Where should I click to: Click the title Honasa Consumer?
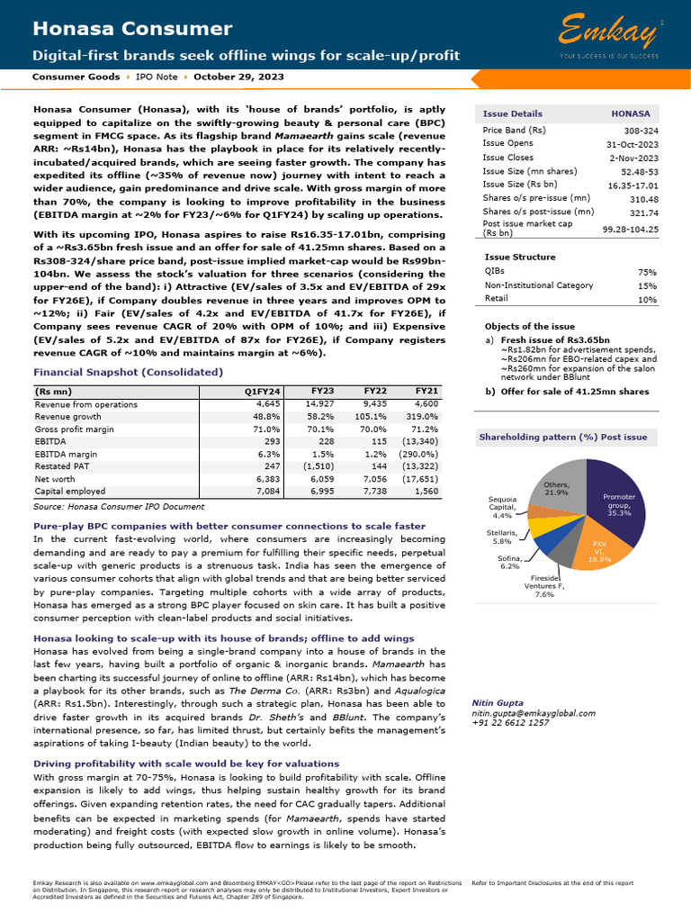132,30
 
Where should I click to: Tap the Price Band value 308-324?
641,131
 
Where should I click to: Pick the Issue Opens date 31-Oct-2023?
631,143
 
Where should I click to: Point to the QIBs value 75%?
647,271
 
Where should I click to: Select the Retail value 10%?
647,298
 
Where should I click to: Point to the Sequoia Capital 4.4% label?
502,508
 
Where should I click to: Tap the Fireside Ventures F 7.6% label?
544,586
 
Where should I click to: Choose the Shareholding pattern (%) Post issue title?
563,437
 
